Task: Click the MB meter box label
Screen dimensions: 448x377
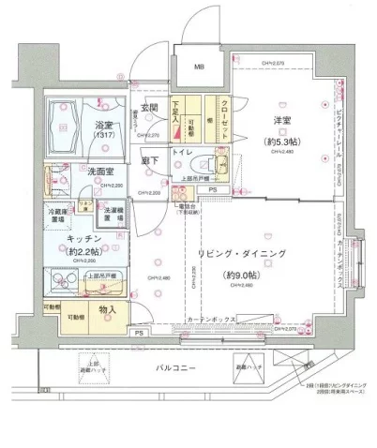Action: point(199,67)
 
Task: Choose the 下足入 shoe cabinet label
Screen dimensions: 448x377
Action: point(175,115)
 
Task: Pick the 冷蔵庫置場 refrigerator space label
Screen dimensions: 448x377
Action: point(59,217)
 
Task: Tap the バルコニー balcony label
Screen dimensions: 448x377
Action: point(177,369)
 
